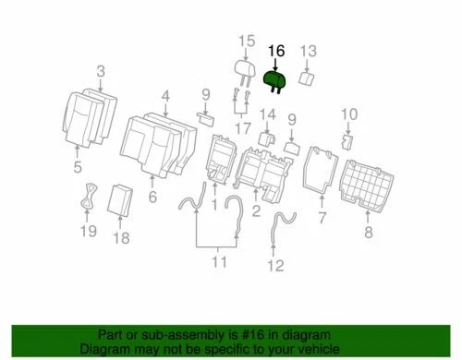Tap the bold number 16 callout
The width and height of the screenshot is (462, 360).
click(x=276, y=52)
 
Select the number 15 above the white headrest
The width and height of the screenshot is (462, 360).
click(x=245, y=40)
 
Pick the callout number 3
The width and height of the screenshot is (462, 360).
click(x=101, y=71)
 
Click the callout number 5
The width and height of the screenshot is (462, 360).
click(x=78, y=166)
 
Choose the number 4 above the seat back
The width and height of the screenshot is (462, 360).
click(x=165, y=95)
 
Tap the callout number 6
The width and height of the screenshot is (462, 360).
click(x=152, y=197)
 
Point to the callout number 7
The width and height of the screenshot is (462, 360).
click(x=322, y=218)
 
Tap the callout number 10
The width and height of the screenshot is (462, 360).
click(x=348, y=114)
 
